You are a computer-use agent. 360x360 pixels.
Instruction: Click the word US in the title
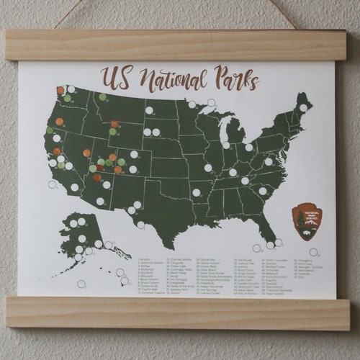114,77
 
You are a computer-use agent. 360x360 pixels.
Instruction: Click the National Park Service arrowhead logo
307,221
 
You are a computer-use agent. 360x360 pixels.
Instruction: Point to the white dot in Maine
303,108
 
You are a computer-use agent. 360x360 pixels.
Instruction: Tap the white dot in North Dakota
149,110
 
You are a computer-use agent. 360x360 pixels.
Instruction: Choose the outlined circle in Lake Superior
211,103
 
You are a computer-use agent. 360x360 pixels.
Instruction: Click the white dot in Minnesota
192,104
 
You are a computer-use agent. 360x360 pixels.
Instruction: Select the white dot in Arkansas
196,192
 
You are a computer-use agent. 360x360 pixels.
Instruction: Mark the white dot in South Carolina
263,191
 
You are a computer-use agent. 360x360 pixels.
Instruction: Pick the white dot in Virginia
269,161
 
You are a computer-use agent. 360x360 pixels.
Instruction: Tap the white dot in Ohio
249,148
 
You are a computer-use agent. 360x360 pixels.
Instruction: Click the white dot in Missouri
208,168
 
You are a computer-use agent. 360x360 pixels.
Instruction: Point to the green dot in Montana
102,97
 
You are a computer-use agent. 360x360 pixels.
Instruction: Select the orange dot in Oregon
60,122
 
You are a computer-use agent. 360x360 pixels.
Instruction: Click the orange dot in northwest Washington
60,91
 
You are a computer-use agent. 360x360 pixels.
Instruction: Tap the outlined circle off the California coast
52,184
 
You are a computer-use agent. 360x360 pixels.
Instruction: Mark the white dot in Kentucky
233,173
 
